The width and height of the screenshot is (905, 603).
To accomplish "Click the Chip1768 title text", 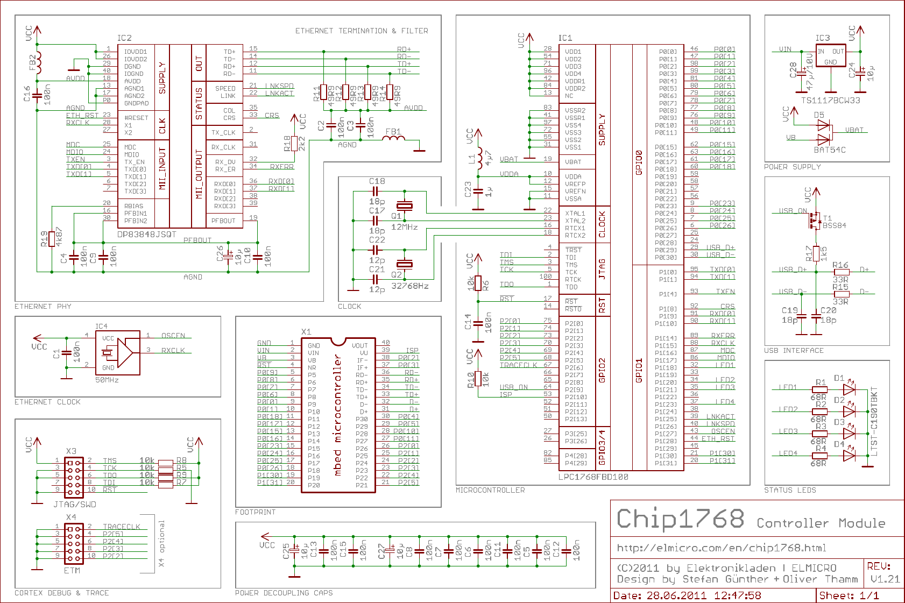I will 681,519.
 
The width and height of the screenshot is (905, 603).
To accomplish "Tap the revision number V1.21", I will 885,579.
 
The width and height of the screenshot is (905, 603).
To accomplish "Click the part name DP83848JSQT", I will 147,235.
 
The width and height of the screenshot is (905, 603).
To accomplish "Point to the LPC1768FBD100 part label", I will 593,477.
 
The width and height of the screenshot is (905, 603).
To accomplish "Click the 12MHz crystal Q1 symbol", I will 404,205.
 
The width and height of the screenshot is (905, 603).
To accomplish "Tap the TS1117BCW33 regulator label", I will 830,100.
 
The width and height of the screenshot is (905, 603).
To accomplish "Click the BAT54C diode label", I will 830,150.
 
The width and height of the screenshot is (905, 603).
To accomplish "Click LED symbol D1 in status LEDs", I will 849,388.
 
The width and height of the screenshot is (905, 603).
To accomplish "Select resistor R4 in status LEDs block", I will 819,456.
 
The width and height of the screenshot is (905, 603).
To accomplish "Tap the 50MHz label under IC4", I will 107,380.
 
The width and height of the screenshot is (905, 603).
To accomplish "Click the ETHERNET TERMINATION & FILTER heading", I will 362,31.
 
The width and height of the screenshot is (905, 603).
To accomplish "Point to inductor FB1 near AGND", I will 394,139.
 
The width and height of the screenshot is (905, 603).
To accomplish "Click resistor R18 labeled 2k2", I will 294,143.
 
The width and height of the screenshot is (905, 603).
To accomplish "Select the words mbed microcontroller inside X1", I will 338,415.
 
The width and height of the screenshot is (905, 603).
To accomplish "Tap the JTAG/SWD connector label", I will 75,504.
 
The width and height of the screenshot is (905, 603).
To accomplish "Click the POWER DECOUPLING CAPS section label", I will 284,593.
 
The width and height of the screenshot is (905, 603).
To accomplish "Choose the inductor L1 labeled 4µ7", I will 479,159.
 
